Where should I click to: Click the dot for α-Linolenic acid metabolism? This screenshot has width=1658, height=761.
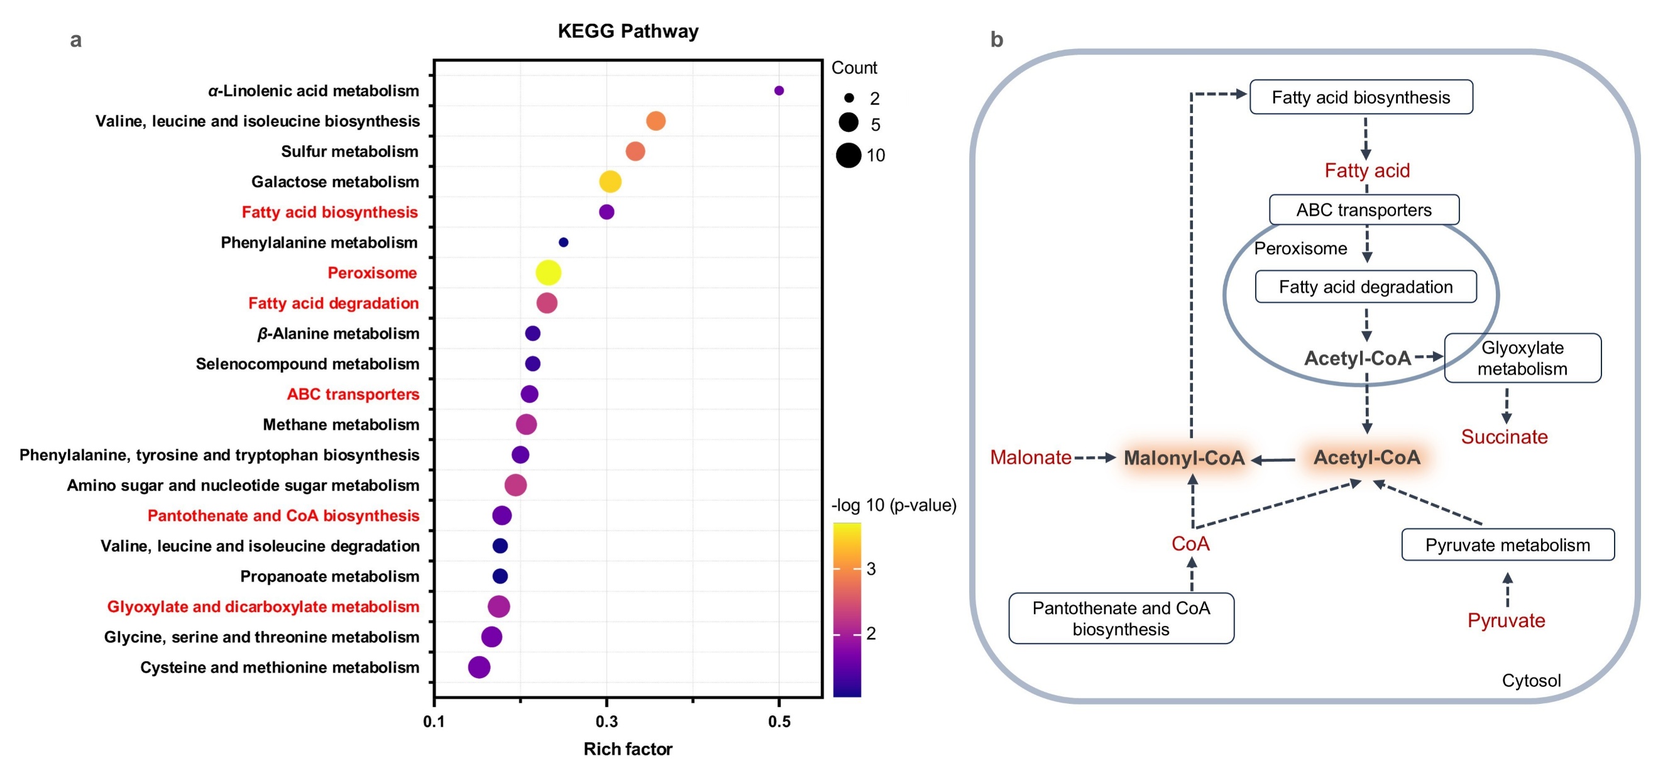(x=779, y=90)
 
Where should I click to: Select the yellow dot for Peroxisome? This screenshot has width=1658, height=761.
(x=549, y=273)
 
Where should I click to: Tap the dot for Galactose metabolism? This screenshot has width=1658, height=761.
(x=610, y=182)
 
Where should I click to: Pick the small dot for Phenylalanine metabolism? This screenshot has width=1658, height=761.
(x=563, y=243)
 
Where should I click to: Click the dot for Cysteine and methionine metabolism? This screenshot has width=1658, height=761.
(x=479, y=667)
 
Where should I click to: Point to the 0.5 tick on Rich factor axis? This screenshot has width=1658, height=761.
(x=779, y=721)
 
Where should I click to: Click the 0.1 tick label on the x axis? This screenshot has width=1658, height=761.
(x=434, y=721)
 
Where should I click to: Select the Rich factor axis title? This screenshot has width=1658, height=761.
(x=627, y=749)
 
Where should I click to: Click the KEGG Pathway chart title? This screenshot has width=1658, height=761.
(x=627, y=31)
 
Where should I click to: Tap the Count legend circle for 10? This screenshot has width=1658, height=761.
(x=848, y=155)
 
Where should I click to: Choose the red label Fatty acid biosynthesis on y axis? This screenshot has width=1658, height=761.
(x=329, y=212)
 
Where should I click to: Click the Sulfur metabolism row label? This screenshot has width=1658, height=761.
(x=349, y=152)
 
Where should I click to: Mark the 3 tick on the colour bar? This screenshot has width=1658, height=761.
(x=871, y=569)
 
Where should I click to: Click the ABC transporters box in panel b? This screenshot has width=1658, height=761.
(x=1364, y=210)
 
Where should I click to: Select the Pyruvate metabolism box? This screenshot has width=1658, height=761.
(x=1507, y=545)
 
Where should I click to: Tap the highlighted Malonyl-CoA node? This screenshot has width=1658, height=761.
(x=1183, y=457)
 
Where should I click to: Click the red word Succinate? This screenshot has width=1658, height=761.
(x=1503, y=437)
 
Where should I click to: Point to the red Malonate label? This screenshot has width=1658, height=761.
(x=1030, y=457)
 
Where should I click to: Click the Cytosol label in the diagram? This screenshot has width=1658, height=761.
(x=1531, y=681)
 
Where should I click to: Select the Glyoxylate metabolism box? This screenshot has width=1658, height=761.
(x=1522, y=358)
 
